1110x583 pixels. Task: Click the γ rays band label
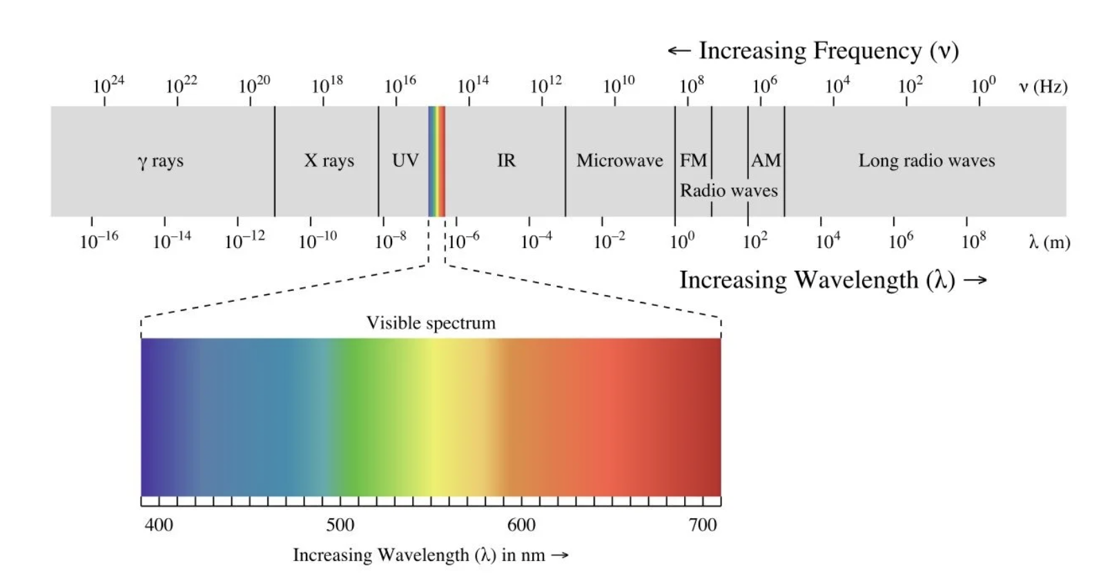pos(160,161)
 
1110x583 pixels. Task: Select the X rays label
pos(329,161)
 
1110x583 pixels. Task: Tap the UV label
pos(405,160)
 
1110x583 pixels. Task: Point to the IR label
pos(506,160)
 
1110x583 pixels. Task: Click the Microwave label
pos(619,160)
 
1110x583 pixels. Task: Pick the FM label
pos(693,160)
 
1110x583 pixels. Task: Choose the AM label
pos(766,160)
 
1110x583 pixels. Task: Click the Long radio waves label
pos(926,160)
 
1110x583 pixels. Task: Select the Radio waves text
pos(728,191)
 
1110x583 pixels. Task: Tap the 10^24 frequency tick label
pos(108,85)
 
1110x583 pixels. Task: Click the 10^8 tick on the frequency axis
pos(691,85)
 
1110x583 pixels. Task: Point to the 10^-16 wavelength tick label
pos(99,240)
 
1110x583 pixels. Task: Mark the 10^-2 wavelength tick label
pos(609,240)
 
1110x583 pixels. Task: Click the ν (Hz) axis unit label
pos(1042,86)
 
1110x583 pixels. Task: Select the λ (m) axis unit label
pos(1049,242)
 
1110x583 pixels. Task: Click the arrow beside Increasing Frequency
pos(679,50)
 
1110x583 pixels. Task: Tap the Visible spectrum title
pos(431,323)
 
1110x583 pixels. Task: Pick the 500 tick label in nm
pos(340,525)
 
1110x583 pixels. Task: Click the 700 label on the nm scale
pos(703,525)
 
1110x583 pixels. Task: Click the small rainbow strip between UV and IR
pos(436,161)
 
